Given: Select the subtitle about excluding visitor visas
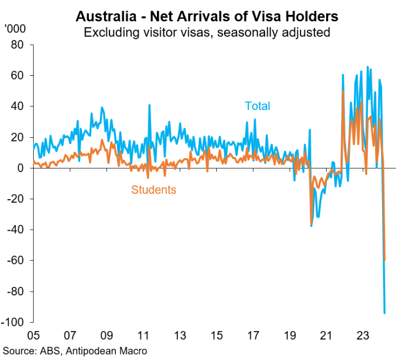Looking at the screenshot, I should [x=207, y=33].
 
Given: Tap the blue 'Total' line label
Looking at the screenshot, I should [x=257, y=106].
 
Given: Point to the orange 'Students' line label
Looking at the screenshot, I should [x=153, y=189].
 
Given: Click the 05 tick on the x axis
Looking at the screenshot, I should [x=33, y=336].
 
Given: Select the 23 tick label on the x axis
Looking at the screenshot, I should [x=363, y=336].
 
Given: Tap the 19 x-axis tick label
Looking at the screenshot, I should [x=290, y=336].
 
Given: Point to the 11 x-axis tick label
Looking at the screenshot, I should [x=143, y=336].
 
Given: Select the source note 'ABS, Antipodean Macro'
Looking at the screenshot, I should [x=75, y=351].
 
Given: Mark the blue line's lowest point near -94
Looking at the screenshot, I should [x=384, y=313].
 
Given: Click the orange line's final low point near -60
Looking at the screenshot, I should [x=385, y=260].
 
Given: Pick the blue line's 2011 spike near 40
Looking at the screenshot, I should [x=149, y=105].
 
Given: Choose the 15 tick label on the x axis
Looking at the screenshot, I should [x=216, y=336].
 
